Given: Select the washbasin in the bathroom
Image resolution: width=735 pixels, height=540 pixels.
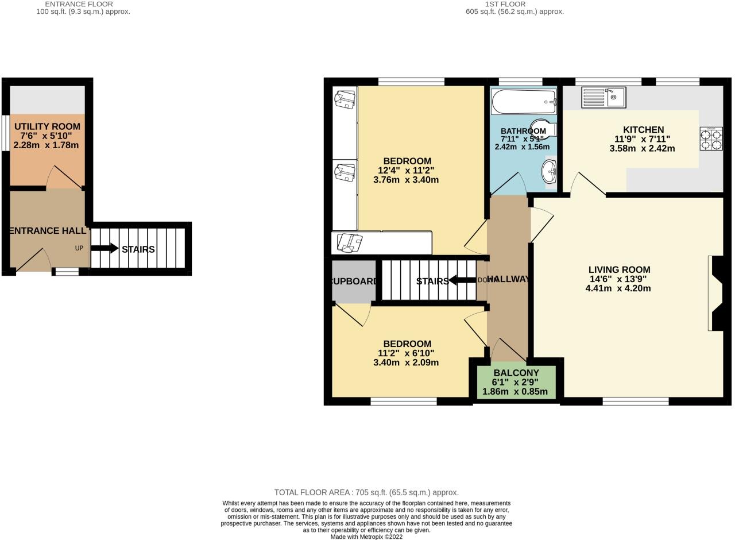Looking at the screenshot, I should pos(550,170).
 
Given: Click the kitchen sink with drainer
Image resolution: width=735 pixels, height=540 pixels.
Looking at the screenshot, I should pos(603,97).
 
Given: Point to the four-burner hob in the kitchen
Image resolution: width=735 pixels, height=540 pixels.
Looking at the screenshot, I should pos(711,138).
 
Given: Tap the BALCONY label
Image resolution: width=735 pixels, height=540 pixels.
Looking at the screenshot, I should pos(516,373).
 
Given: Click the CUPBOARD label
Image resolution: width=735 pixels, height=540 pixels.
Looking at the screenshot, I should pos(354,281).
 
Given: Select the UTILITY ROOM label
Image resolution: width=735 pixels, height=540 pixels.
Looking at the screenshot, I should pos(47,126).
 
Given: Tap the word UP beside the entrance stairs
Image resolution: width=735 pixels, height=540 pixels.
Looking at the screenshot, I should pos(79,248).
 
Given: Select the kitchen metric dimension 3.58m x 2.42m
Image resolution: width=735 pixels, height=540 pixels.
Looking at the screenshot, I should pos(642,148).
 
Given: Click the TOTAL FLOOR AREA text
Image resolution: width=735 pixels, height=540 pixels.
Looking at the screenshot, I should pos(366,492).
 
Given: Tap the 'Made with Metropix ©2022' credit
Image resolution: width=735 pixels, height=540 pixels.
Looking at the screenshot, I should pos(366,537).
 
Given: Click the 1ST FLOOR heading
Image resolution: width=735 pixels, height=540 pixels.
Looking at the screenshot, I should pos(497,4).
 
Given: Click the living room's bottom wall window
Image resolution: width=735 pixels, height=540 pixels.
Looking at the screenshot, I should pos(636,401).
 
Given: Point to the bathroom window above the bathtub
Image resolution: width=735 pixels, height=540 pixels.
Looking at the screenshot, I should pos(520,82).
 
